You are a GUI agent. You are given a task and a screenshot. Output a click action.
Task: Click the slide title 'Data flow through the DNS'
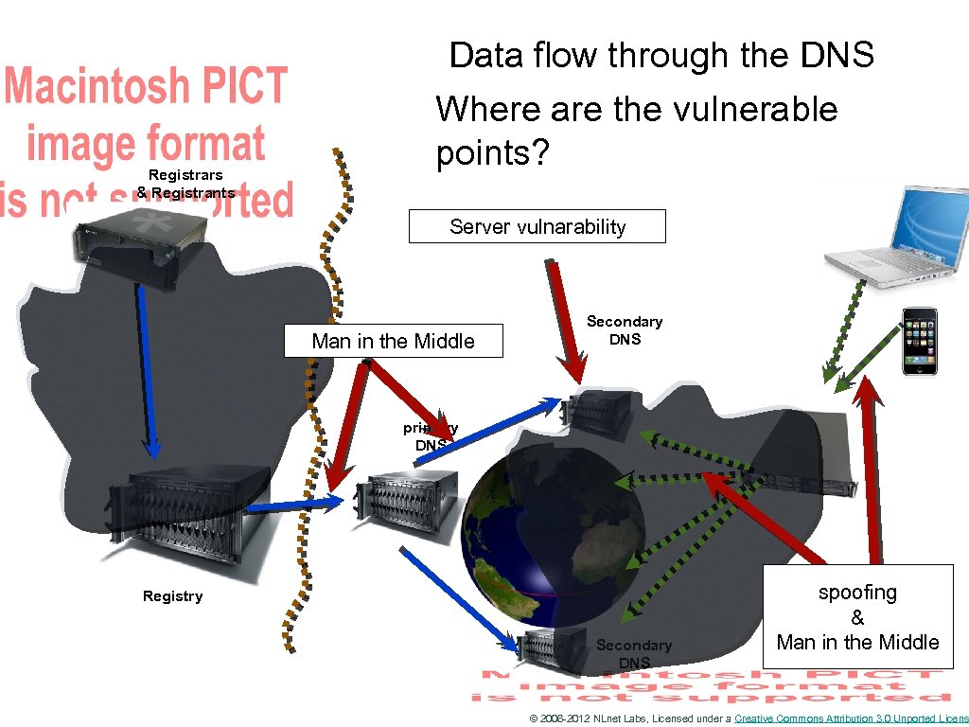[x=661, y=56]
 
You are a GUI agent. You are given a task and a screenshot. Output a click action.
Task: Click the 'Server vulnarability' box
[x=537, y=227]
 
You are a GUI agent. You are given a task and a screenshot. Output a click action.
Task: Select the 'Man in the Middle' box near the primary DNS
[x=393, y=342]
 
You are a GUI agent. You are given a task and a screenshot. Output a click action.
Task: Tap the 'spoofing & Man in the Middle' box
[x=857, y=617]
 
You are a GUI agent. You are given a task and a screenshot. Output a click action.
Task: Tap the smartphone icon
[x=919, y=341]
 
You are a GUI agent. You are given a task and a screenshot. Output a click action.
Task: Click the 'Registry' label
[x=172, y=596]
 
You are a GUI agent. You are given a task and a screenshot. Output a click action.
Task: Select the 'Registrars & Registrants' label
[x=185, y=184]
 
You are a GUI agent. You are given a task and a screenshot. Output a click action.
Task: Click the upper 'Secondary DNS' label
[x=625, y=330]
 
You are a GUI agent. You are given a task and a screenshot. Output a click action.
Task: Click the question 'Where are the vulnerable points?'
[x=636, y=131]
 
